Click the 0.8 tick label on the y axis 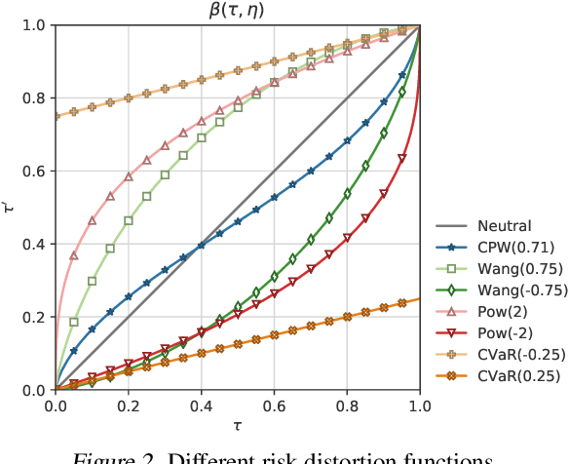[32, 97]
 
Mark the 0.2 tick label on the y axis [32, 317]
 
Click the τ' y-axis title [11, 207]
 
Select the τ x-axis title [237, 426]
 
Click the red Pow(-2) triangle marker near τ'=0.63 [401, 159]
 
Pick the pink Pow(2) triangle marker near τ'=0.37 [73, 254]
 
